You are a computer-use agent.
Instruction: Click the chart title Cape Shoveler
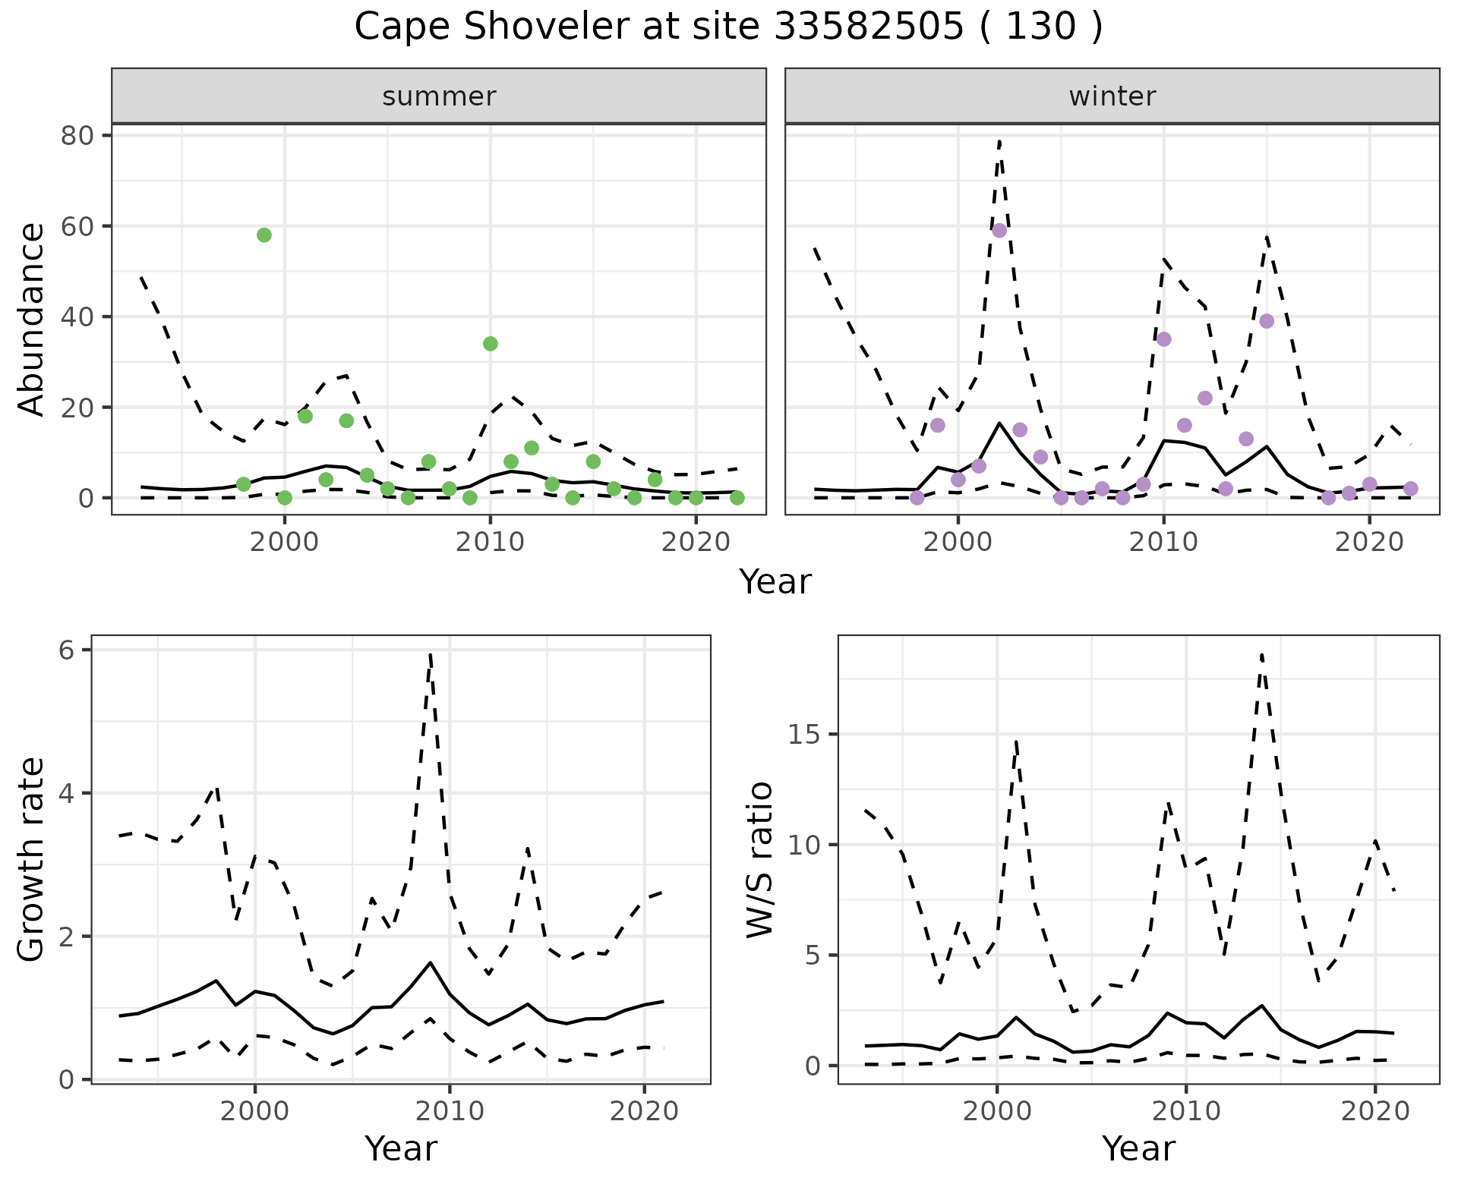[x=728, y=27]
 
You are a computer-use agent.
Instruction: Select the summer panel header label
[x=439, y=96]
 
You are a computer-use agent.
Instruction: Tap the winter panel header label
[x=1112, y=96]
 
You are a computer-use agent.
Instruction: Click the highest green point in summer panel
[x=264, y=235]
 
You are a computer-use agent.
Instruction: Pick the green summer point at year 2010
[x=491, y=344]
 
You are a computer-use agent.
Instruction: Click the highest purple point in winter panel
[x=999, y=231]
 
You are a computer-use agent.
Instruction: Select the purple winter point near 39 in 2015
[x=1267, y=321]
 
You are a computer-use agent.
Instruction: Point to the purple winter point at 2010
[x=1164, y=339]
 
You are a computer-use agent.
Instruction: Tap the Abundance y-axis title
[x=32, y=319]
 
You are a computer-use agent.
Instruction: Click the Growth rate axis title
[x=32, y=860]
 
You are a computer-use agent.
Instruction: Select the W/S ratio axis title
[x=760, y=860]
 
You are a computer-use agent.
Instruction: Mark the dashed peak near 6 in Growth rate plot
[x=431, y=654]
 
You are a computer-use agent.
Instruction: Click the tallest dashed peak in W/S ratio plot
[x=1261, y=655]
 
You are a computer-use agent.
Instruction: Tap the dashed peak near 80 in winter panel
[x=999, y=141]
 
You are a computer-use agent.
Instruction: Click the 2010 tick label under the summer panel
[x=491, y=543]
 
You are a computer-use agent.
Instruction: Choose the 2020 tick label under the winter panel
[x=1369, y=543]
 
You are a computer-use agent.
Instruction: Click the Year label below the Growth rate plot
[x=401, y=1148]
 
